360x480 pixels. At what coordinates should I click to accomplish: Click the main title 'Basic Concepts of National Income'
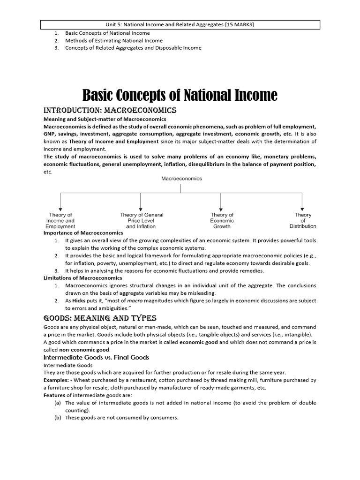[x=180, y=96]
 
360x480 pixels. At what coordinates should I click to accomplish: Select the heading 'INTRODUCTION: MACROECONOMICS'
[x=110, y=110]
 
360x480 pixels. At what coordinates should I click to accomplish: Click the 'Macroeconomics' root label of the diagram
[x=181, y=178]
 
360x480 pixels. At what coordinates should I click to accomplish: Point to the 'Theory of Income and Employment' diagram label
[x=60, y=220]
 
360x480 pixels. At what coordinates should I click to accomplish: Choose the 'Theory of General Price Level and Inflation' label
[x=142, y=220]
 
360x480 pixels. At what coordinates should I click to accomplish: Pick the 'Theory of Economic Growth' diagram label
[x=222, y=220]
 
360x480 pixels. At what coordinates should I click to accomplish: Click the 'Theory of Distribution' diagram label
[x=302, y=220]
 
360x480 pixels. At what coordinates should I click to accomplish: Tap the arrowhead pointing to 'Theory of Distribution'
[x=302, y=208]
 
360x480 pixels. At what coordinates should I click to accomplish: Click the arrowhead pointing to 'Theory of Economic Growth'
[x=222, y=208]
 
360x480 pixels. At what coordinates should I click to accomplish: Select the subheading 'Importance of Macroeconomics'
[x=83, y=232]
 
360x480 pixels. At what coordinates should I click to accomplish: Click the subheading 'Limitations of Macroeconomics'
[x=83, y=278]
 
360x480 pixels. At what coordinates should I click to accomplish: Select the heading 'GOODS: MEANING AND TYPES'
[x=100, y=318]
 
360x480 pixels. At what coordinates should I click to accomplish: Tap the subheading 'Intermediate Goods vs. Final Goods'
[x=96, y=357]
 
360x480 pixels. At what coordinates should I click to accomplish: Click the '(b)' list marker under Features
[x=58, y=418]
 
